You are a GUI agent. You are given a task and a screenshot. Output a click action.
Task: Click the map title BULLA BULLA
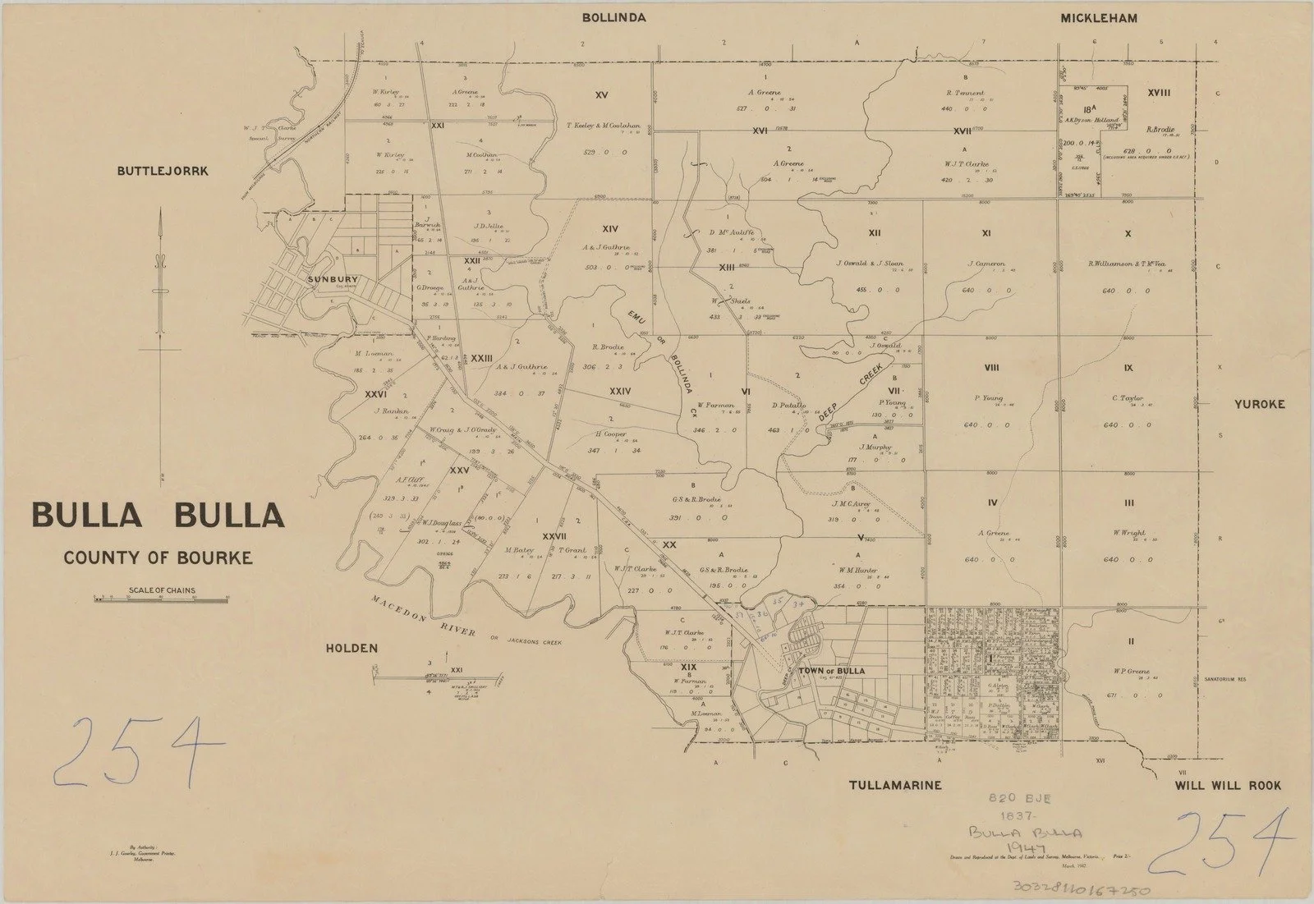point(158,516)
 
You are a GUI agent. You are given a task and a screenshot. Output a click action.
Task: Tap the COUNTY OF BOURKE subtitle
point(158,558)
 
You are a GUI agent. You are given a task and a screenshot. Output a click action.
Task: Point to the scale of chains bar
point(161,599)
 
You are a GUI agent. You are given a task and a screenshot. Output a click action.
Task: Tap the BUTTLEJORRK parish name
point(164,172)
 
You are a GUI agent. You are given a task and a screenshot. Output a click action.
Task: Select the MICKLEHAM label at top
point(1098,18)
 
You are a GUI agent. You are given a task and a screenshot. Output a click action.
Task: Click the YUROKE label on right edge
point(1257,404)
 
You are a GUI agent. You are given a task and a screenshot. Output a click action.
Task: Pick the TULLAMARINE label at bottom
point(894,786)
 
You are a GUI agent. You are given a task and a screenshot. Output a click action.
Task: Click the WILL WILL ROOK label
point(1228,786)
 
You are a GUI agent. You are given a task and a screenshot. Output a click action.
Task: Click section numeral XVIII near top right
point(1159,93)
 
